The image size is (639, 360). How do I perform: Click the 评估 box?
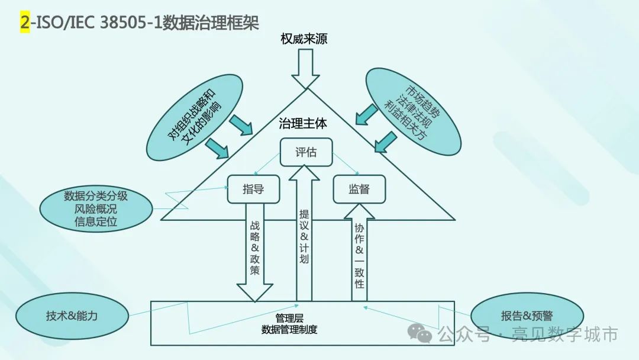(305, 152)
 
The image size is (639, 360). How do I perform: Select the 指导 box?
(253, 189)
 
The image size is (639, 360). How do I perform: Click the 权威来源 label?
(304, 40)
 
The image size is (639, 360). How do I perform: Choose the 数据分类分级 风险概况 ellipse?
(96, 209)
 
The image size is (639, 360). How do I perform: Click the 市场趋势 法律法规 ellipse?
(414, 112)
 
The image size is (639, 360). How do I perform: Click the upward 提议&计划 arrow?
(304, 237)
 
